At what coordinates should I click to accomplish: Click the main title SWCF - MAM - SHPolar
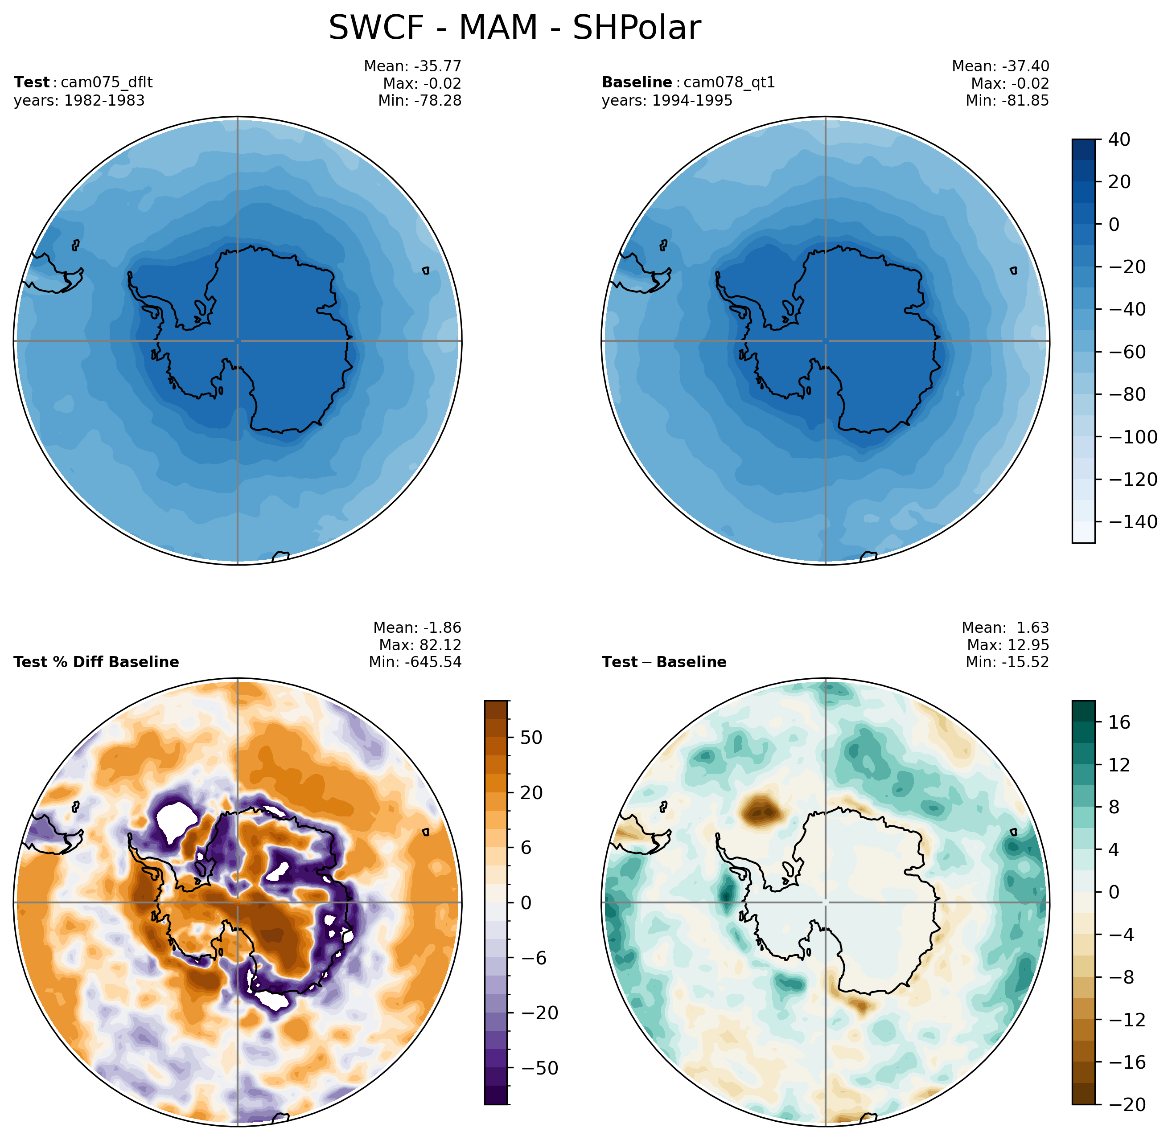click(514, 28)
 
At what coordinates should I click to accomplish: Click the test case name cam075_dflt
click(107, 82)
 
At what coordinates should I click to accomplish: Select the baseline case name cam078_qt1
click(729, 82)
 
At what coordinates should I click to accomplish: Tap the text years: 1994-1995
click(667, 101)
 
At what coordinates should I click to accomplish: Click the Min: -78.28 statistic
click(420, 101)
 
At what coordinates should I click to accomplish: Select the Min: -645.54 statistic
click(415, 662)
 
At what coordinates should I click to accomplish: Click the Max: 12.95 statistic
click(1008, 645)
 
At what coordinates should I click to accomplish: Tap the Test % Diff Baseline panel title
click(96, 662)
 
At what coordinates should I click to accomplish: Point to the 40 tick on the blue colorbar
click(1119, 139)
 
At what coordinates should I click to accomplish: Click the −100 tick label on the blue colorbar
click(1132, 437)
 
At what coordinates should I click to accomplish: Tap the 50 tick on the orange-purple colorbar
click(531, 737)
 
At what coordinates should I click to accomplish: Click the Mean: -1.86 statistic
click(417, 627)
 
